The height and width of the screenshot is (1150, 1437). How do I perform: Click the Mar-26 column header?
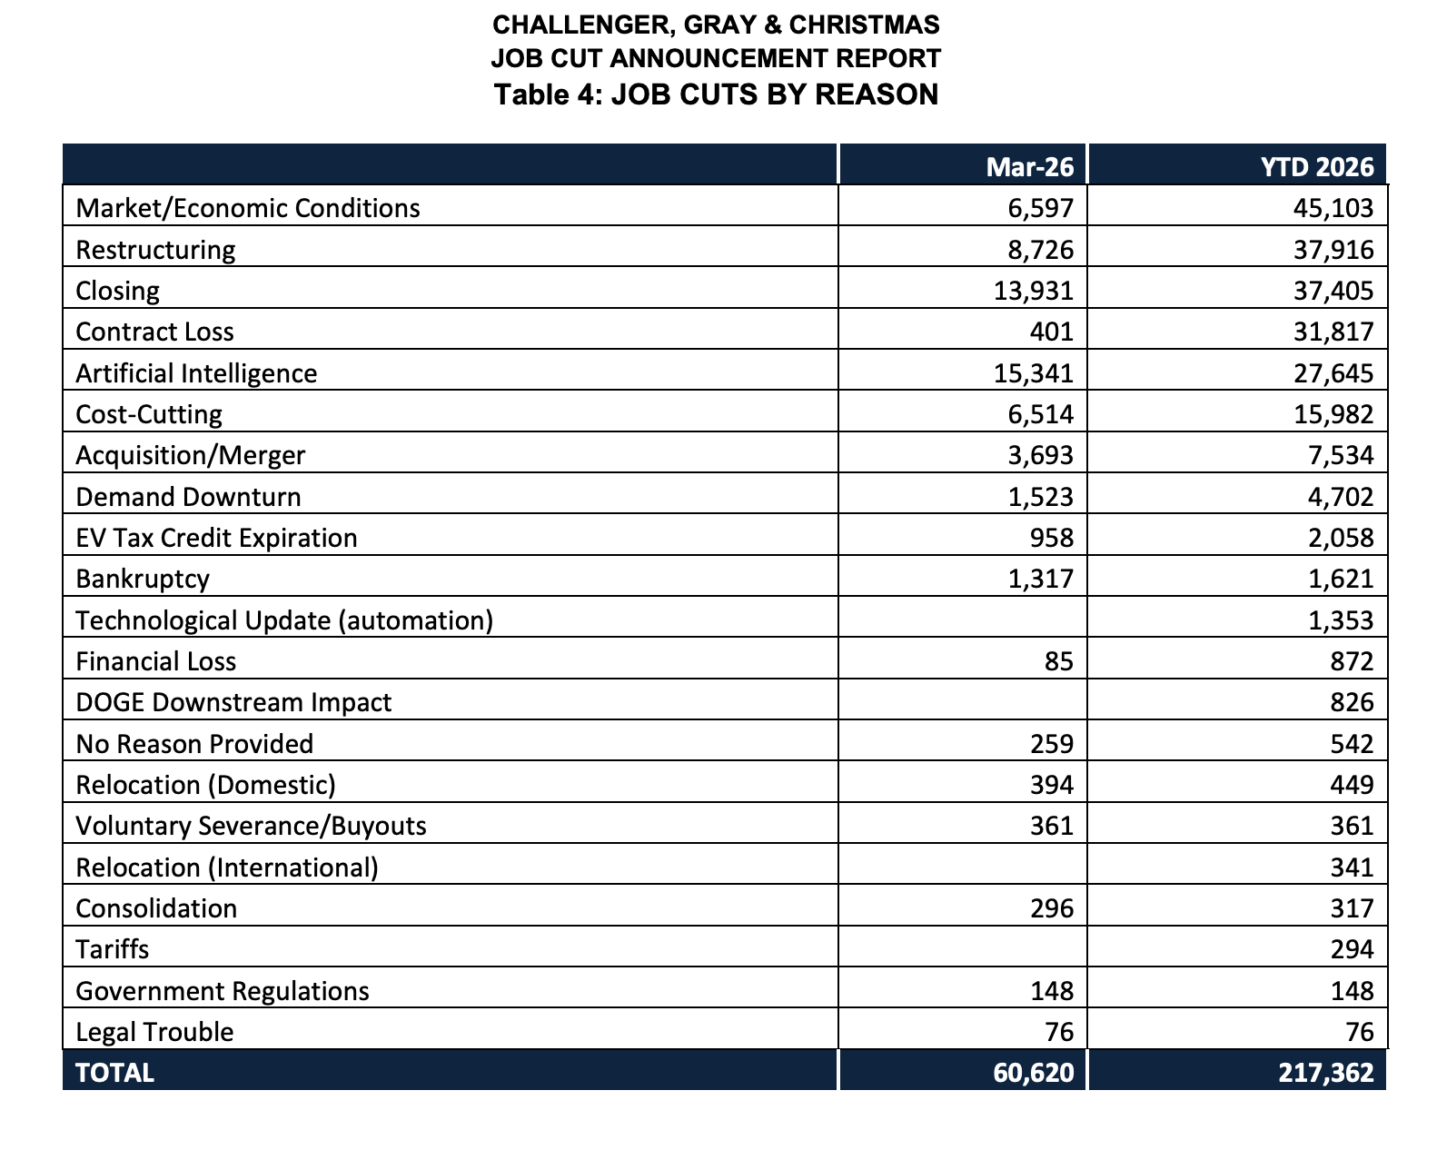(1029, 166)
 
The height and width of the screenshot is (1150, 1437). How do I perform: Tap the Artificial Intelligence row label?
(196, 373)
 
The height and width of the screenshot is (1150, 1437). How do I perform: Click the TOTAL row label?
(114, 1073)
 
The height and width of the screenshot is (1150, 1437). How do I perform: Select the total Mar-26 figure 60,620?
(1033, 1073)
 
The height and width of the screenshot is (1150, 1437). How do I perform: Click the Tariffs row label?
(112, 949)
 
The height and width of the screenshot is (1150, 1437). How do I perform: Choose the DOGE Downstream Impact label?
(233, 702)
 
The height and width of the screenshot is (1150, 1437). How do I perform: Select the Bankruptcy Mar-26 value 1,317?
(1040, 579)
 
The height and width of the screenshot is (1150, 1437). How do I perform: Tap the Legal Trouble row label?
(154, 1032)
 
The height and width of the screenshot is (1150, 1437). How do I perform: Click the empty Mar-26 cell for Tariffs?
(962, 949)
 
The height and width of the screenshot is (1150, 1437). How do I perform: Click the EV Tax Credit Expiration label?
(216, 538)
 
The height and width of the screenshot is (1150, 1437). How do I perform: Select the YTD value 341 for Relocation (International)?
(1352, 867)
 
